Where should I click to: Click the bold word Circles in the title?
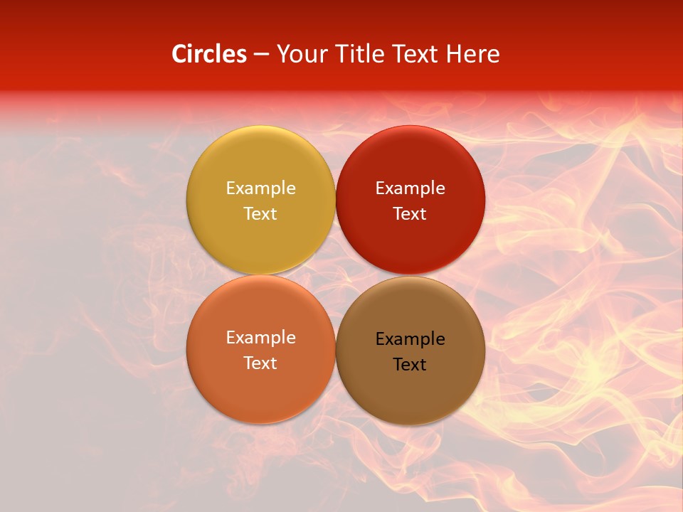point(208,54)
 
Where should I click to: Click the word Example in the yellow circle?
point(260,188)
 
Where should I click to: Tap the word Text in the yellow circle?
point(260,213)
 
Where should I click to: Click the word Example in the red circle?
point(410,188)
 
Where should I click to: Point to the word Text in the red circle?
point(410,213)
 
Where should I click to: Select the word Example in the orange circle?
point(260,338)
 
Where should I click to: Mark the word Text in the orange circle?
point(260,363)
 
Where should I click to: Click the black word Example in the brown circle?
point(410,339)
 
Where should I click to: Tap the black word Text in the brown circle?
point(410,364)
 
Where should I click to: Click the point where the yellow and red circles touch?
point(335,200)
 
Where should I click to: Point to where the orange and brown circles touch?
point(335,350)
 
